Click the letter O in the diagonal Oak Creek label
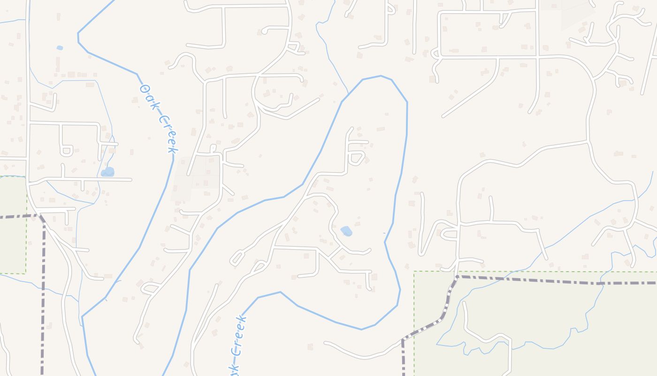pos(145,88)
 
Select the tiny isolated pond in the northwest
pos(60,48)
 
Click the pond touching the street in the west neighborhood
pos(108,172)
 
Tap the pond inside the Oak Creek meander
pos(346,231)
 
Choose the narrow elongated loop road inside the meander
pos(237,258)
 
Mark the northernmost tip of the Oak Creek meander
pos(381,76)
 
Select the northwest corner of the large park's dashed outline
pos(414,271)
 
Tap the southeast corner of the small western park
pos(26,273)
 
